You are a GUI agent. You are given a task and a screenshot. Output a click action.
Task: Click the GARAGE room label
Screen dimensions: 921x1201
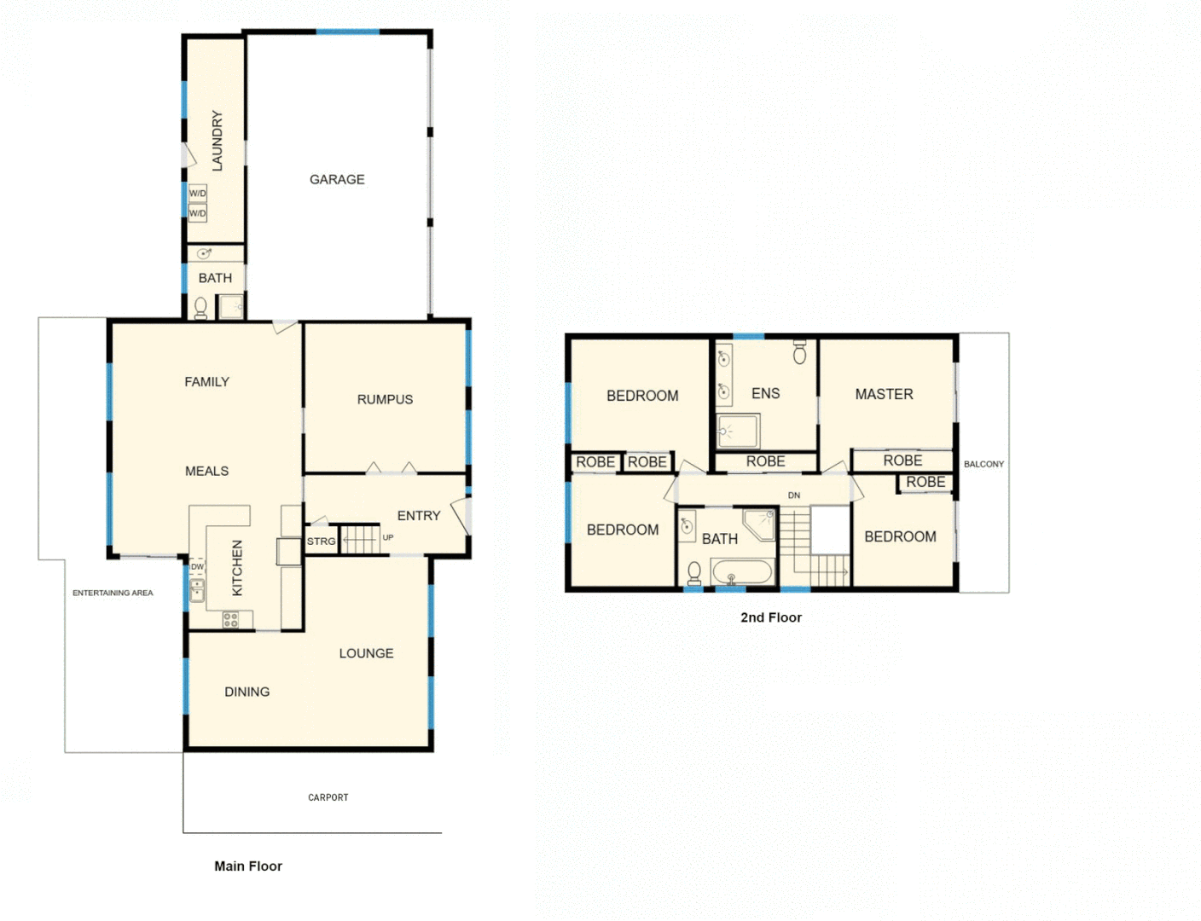point(337,179)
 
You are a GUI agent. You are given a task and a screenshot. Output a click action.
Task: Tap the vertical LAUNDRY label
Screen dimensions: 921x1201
point(217,141)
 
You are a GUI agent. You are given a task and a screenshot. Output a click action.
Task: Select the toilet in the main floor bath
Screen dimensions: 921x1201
point(201,307)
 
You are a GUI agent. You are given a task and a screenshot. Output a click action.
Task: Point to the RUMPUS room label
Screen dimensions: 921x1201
point(385,399)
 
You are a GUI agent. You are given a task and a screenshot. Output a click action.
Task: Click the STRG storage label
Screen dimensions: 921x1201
point(321,542)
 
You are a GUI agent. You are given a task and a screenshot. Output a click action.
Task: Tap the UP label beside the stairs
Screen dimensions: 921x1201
point(388,537)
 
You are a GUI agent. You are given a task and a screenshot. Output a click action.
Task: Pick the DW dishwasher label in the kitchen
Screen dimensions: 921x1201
point(197,566)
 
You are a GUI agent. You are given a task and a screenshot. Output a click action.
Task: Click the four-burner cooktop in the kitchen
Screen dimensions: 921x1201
point(230,620)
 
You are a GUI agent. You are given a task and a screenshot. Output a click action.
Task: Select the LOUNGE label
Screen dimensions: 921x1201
point(366,653)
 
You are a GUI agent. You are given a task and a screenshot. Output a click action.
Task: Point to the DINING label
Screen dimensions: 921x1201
point(247,692)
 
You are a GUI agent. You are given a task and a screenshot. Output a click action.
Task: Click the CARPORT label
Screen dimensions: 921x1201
point(328,797)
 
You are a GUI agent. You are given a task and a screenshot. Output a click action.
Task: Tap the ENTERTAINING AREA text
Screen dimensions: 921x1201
point(113,593)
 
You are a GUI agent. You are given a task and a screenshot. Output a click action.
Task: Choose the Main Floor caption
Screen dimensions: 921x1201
point(247,866)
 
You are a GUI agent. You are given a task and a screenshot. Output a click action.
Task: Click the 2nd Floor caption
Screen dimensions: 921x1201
point(770,617)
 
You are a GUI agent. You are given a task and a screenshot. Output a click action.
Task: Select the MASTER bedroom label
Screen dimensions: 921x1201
point(884,394)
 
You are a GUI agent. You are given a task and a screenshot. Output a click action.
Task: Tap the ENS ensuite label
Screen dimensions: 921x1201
point(765,393)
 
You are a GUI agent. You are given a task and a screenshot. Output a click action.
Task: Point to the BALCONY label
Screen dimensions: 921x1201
point(983,464)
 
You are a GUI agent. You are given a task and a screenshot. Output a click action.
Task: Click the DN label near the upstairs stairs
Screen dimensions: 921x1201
point(794,495)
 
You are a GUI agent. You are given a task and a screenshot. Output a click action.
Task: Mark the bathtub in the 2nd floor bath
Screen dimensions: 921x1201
point(741,571)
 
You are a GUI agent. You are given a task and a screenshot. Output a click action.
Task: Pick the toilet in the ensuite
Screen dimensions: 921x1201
point(799,351)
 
